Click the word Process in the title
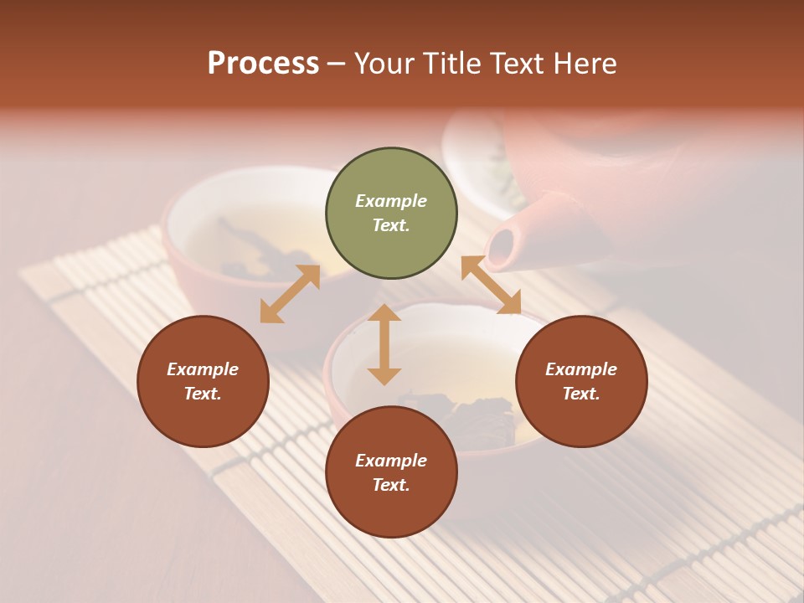pos(263,64)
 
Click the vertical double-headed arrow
pos(384,344)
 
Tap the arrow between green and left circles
pos(290,294)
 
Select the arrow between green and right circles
pos(491,285)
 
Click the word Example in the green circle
pos(391,201)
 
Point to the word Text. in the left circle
pos(203,394)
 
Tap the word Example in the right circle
pos(581,369)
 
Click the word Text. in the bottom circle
pos(391,485)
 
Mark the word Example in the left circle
pos(203,369)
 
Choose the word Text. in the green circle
pos(391,225)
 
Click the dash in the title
pos(337,64)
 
